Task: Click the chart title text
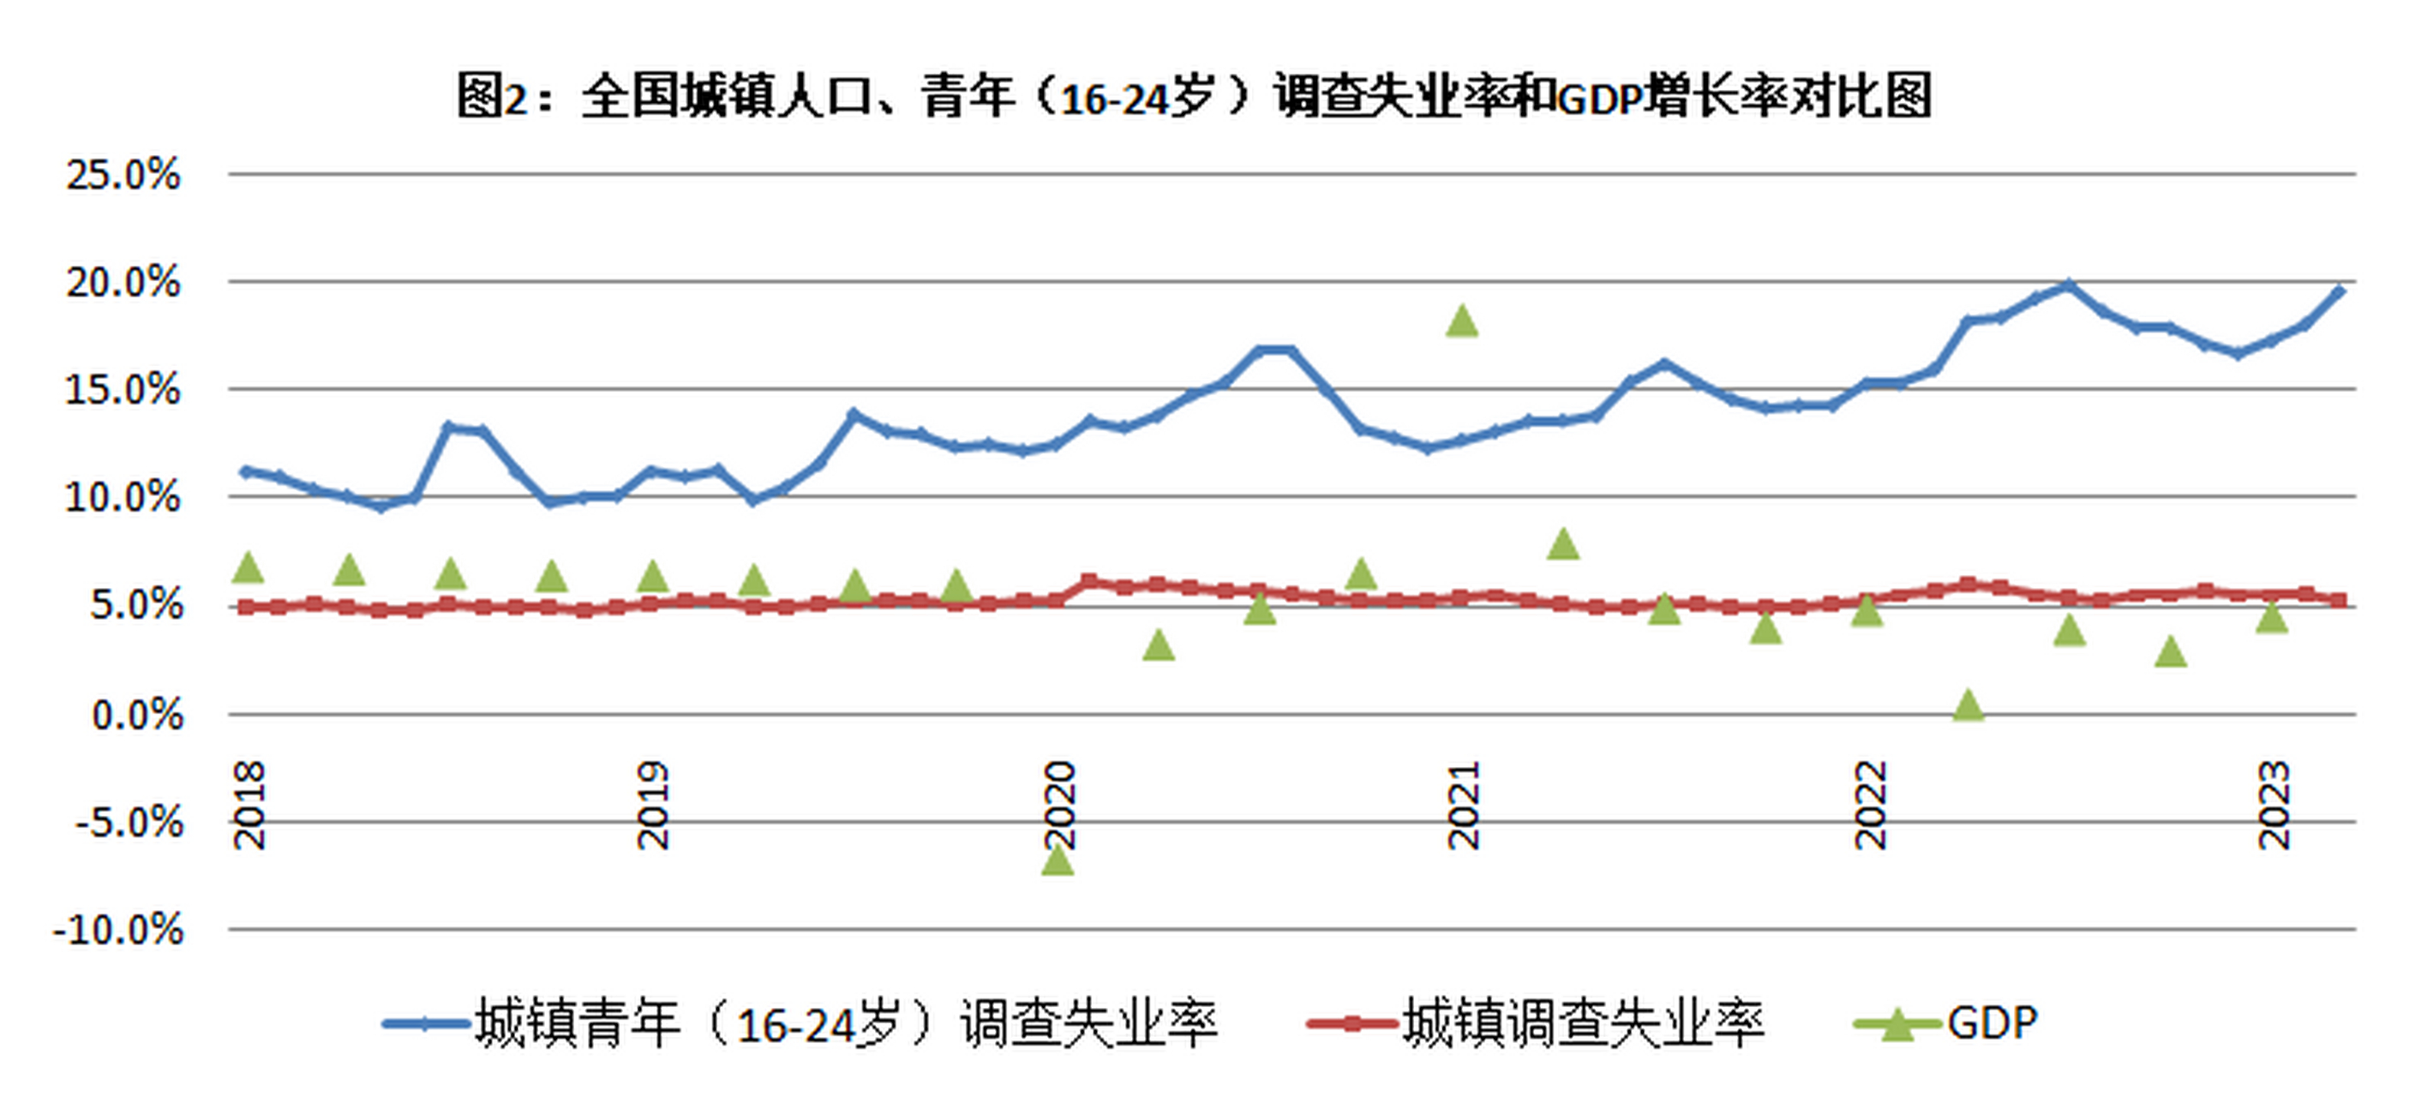pyautogui.click(x=1194, y=96)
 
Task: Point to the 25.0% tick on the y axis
pyautogui.click(x=123, y=175)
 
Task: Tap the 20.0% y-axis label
pyautogui.click(x=123, y=283)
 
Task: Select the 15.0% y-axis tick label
pyautogui.click(x=123, y=390)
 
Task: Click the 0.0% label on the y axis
pyautogui.click(x=136, y=716)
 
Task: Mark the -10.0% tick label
pyautogui.click(x=119, y=931)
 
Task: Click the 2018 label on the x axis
pyautogui.click(x=249, y=806)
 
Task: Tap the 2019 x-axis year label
pyautogui.click(x=654, y=806)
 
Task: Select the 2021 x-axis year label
pyautogui.click(x=1464, y=806)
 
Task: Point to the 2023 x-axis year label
pyautogui.click(x=2274, y=806)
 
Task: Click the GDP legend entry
pyautogui.click(x=1946, y=1023)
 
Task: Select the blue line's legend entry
pyautogui.click(x=800, y=1023)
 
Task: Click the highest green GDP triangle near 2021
pyautogui.click(x=1463, y=321)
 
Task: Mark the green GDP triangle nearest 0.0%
pyautogui.click(x=1969, y=705)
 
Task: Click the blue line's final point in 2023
pyautogui.click(x=2340, y=291)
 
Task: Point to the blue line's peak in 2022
pyautogui.click(x=2069, y=285)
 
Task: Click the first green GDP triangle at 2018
pyautogui.click(x=248, y=566)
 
